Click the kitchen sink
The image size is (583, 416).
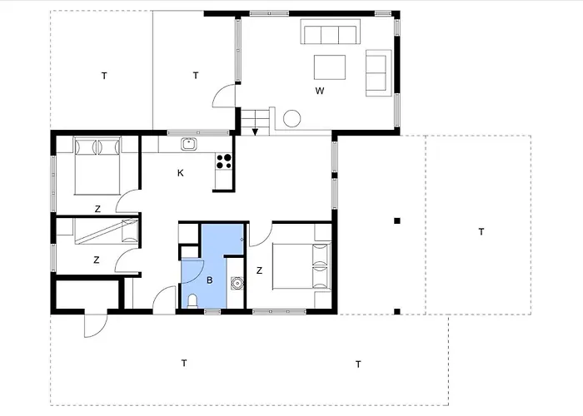click(x=189, y=144)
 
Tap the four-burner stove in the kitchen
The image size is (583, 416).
click(x=224, y=161)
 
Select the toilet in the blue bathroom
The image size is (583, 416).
click(x=192, y=301)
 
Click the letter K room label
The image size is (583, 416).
click(x=181, y=173)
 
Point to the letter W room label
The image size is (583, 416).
click(x=320, y=91)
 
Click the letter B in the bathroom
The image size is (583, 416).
click(x=210, y=280)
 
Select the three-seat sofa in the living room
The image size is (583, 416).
click(x=330, y=32)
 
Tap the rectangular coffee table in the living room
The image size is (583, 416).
click(x=330, y=67)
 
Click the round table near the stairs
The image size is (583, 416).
click(x=291, y=119)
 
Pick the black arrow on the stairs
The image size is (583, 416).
click(x=255, y=131)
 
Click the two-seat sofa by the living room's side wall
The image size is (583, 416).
click(x=378, y=73)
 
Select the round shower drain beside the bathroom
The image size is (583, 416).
click(x=237, y=283)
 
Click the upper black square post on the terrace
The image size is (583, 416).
click(x=397, y=221)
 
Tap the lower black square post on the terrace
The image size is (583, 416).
click(x=397, y=312)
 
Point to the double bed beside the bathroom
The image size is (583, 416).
click(x=301, y=266)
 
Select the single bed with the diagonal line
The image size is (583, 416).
click(x=106, y=231)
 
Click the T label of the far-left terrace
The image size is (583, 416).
click(x=104, y=76)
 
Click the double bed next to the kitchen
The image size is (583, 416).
click(x=97, y=166)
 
